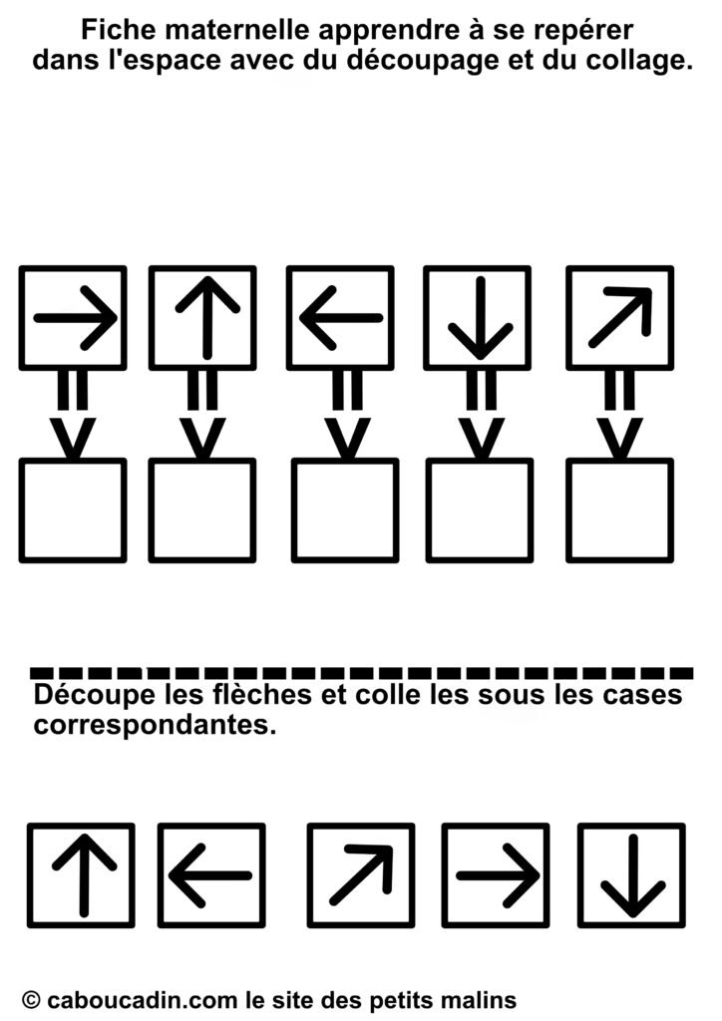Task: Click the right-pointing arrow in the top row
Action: [x=76, y=318]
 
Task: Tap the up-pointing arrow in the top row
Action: [x=207, y=318]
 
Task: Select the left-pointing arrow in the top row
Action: [x=341, y=318]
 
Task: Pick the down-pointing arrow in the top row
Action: [x=480, y=318]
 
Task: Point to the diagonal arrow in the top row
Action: [x=620, y=316]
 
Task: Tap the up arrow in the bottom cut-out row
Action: [x=84, y=875]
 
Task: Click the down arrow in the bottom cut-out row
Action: [x=633, y=875]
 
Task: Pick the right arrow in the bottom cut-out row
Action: [x=498, y=875]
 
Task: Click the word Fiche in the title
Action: [x=115, y=29]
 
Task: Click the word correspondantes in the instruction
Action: [x=151, y=725]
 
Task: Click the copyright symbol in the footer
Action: [x=31, y=999]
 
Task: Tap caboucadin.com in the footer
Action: [x=143, y=999]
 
